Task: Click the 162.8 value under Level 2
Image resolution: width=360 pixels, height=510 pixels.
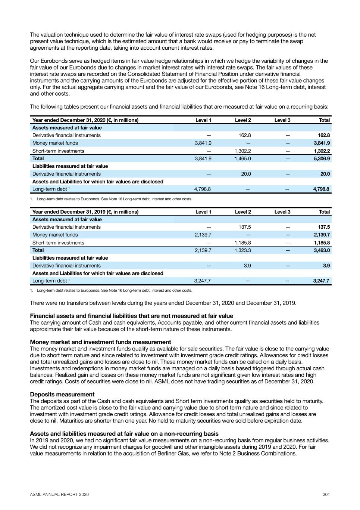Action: tap(244, 135)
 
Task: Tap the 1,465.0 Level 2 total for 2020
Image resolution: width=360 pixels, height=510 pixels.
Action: tap(242, 158)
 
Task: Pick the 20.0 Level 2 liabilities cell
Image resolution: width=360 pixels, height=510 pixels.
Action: tap(246, 174)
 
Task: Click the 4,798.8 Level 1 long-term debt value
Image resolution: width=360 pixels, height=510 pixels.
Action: tap(203, 189)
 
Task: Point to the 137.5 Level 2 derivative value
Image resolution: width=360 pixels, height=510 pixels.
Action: tap(244, 227)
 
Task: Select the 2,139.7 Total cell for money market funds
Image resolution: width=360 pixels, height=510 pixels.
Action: tap(322, 235)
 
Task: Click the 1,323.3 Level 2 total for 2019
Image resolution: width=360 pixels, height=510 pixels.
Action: tap(242, 250)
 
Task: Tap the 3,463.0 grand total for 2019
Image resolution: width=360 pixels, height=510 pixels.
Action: tap(322, 250)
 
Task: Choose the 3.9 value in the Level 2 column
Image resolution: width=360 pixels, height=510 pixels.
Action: tap(247, 266)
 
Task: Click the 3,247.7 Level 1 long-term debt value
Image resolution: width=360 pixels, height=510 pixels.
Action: tap(203, 281)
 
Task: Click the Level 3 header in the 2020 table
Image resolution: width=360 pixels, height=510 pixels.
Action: tap(282, 120)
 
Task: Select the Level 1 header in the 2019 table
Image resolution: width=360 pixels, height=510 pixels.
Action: tap(203, 212)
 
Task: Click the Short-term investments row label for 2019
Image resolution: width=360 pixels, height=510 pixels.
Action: tap(58, 242)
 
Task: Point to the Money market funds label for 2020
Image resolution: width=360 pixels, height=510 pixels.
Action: tap(55, 143)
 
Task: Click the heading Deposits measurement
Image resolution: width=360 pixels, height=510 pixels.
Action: tap(62, 395)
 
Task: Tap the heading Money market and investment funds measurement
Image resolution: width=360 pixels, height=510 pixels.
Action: tap(100, 342)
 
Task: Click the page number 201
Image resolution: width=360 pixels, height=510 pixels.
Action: tap(326, 494)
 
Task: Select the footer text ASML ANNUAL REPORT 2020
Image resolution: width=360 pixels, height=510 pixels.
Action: tap(59, 494)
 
